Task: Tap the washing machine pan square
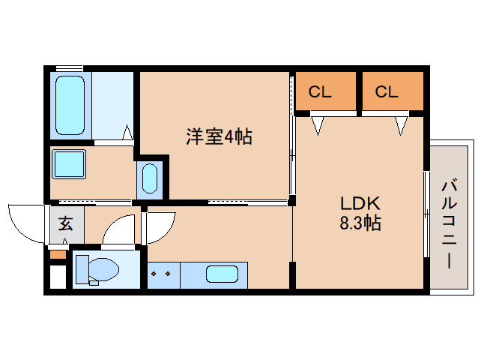(68, 163)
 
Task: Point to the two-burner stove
(163, 274)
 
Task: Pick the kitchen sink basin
(222, 274)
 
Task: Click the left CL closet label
(320, 92)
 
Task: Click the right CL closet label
(386, 92)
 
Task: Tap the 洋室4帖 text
(219, 136)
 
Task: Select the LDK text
(361, 203)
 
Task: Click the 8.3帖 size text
(361, 223)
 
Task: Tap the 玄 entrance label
(66, 223)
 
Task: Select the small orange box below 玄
(57, 255)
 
